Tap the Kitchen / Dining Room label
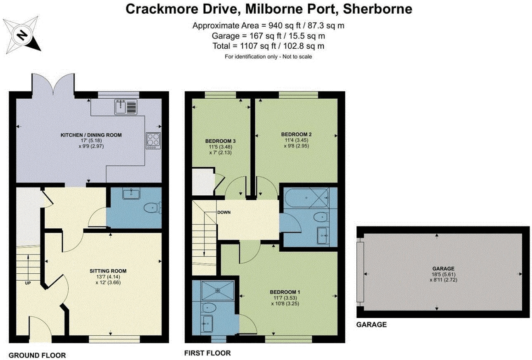point(91,135)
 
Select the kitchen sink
point(121,107)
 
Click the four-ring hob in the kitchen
point(152,140)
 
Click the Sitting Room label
point(108,271)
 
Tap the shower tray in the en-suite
point(217,290)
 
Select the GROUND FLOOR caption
point(37,355)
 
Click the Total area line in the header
point(268,46)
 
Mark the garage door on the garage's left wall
point(361,273)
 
